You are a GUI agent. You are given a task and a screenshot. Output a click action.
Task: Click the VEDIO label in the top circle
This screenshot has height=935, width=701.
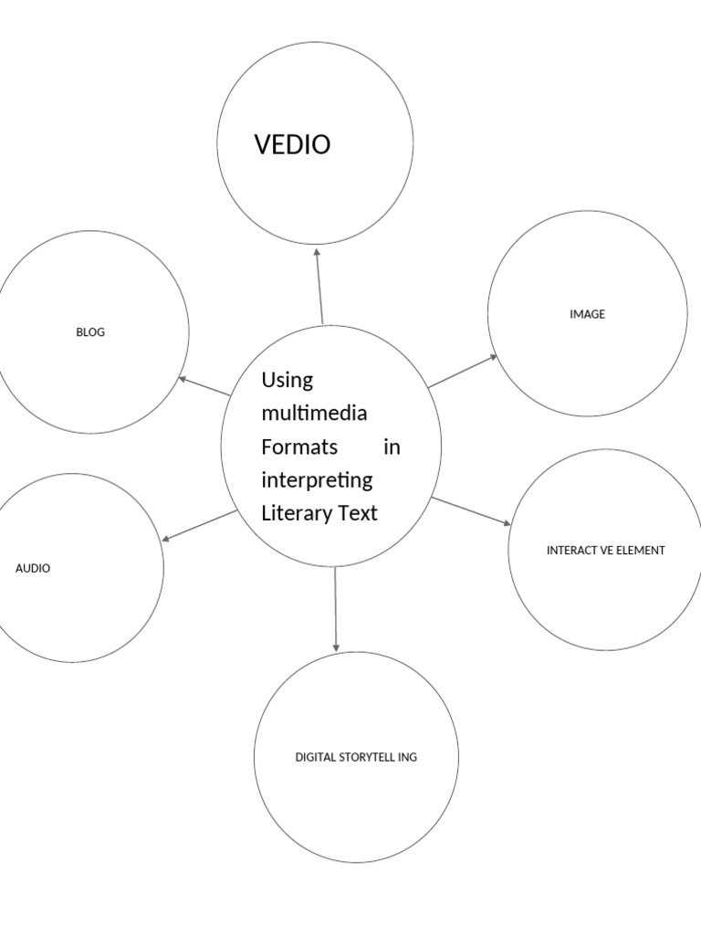coord(292,144)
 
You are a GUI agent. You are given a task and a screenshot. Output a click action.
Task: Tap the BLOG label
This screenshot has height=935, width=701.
coord(90,332)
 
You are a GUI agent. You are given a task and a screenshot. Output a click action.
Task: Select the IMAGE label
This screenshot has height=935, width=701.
coord(587,314)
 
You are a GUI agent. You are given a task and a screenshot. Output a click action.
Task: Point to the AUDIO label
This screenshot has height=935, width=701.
coord(33,568)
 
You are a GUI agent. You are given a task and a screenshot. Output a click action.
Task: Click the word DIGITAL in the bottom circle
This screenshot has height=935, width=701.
coord(315,757)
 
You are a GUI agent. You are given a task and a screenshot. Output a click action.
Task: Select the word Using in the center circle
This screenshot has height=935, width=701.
coord(287,379)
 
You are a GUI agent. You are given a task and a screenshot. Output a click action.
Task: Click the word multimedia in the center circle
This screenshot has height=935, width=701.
coord(314,413)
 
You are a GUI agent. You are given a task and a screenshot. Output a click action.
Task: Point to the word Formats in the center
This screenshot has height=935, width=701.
coord(299,446)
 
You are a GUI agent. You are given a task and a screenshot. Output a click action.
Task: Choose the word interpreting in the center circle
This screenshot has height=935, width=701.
coord(317,480)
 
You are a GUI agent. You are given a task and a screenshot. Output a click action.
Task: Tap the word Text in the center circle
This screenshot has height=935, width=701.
coord(358,513)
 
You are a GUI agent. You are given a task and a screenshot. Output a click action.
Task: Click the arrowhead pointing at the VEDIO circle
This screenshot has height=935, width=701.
coord(317,251)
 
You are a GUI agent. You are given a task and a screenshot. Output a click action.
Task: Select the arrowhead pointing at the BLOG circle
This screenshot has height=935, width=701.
coord(183,378)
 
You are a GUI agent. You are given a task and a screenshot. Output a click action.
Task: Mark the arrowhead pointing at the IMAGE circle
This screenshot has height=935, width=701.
coord(494,357)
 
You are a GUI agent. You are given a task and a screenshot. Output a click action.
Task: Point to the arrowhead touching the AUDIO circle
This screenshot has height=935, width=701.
coord(166,540)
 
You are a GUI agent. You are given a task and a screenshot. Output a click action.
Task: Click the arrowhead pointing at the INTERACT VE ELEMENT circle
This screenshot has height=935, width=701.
coord(507,523)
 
